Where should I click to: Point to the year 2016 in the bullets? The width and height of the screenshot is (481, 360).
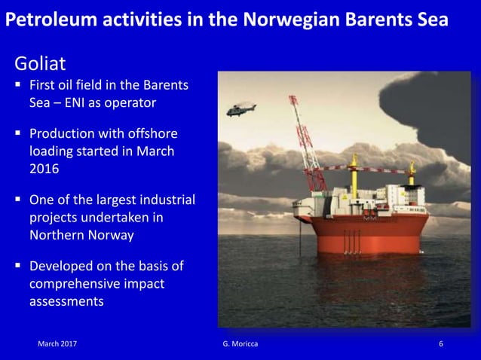point(44,169)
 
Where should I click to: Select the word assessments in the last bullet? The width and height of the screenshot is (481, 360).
point(66,301)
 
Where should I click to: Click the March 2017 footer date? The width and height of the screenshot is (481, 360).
point(57,343)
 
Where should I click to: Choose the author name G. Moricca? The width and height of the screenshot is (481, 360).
point(240,343)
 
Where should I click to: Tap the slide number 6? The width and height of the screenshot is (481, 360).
point(441,343)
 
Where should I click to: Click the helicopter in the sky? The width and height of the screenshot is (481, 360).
point(241,110)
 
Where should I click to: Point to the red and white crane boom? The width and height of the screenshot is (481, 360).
point(305,143)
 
